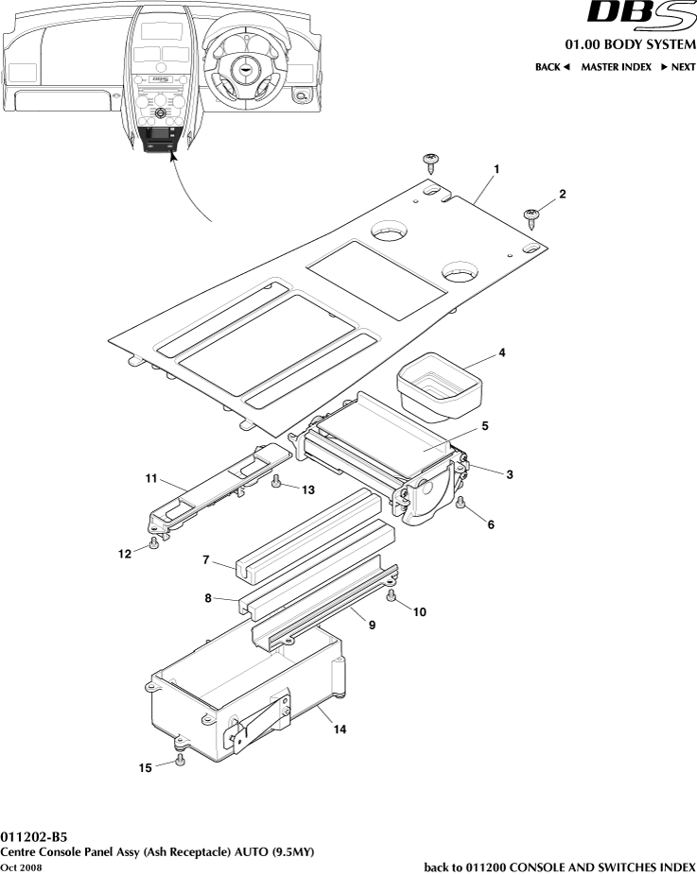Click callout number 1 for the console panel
(x=496, y=169)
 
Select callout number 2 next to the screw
(x=562, y=194)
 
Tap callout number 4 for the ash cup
(x=502, y=352)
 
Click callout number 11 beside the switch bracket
(x=150, y=479)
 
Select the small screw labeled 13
(x=276, y=481)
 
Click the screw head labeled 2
(x=532, y=215)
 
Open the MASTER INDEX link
(x=616, y=67)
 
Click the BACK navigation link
(x=552, y=67)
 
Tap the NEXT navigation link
(x=678, y=67)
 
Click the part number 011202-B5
(x=34, y=837)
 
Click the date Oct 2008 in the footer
(x=21, y=867)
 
